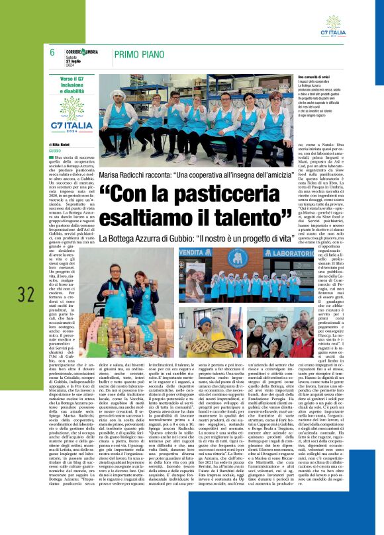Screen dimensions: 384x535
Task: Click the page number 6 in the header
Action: (52, 52)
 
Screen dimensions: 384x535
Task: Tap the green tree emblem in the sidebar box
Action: (71, 106)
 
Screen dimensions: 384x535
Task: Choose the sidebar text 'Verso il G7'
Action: (71, 79)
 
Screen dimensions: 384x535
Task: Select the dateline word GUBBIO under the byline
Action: (56, 151)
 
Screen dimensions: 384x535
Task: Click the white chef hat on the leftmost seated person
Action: (121, 93)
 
